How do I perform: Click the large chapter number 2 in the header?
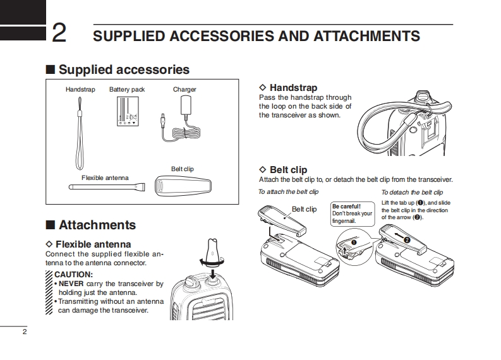click(59, 33)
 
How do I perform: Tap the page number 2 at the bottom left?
click(25, 332)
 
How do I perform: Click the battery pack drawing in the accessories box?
click(128, 111)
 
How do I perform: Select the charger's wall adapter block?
click(186, 105)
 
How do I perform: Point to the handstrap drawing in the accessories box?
click(79, 133)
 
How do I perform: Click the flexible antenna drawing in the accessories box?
click(107, 186)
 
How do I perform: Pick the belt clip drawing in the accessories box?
click(183, 186)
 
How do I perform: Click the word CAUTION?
click(73, 275)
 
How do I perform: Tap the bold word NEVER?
click(71, 284)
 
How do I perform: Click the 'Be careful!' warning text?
click(346, 207)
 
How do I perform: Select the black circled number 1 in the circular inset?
click(354, 243)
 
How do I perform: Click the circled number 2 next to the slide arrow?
click(407, 240)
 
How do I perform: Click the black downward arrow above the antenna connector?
click(212, 274)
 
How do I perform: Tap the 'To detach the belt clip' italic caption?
click(412, 192)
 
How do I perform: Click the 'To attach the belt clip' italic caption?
click(288, 191)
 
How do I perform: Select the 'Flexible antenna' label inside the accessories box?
click(105, 177)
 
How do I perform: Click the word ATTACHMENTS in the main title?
click(366, 36)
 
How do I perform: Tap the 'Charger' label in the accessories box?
click(184, 90)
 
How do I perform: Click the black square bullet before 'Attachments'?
click(50, 225)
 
